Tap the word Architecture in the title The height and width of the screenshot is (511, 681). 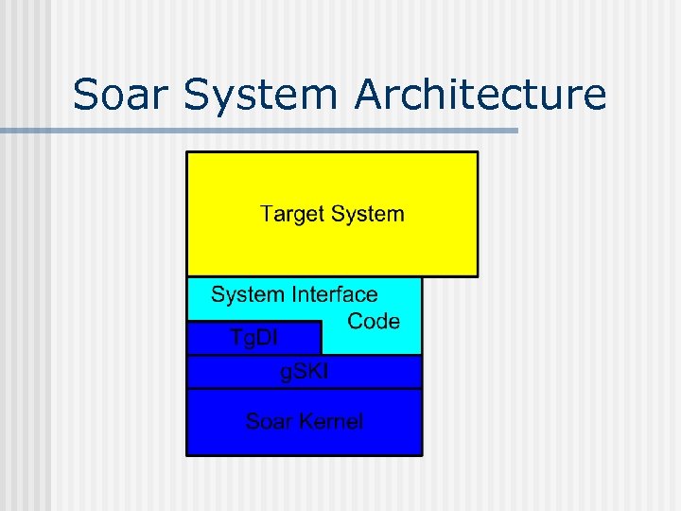click(x=482, y=96)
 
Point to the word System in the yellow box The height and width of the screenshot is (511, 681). click(x=368, y=214)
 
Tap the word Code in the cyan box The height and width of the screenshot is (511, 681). click(x=374, y=321)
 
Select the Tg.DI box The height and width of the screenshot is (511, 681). click(x=253, y=338)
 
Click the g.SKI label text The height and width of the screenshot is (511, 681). click(x=305, y=372)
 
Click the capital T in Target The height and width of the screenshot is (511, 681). click(x=267, y=214)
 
